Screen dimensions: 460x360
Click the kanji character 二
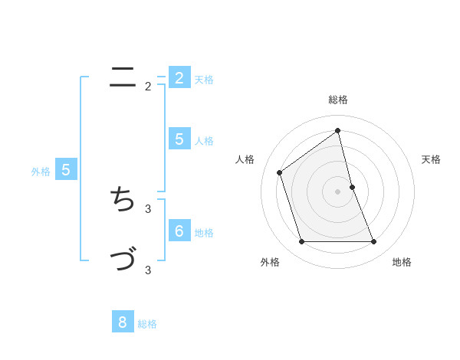[123, 77]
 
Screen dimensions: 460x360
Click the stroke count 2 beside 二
[148, 86]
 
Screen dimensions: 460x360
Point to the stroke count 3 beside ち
[148, 208]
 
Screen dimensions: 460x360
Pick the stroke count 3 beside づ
[148, 269]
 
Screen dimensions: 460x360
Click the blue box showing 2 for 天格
[179, 77]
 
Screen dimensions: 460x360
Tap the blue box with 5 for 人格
[179, 139]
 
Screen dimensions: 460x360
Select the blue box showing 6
[179, 231]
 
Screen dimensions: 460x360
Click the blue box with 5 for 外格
[65, 170]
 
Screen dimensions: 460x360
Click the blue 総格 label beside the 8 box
[147, 324]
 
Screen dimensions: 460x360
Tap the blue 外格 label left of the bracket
[41, 172]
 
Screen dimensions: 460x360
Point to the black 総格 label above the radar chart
[338, 100]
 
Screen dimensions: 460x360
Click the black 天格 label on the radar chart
[432, 159]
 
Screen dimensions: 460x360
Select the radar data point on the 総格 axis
[338, 130]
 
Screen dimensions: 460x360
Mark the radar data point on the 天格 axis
[352, 186]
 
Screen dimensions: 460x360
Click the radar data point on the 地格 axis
[374, 242]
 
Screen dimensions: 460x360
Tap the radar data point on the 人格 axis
[280, 172]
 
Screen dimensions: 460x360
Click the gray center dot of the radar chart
[338, 191]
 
